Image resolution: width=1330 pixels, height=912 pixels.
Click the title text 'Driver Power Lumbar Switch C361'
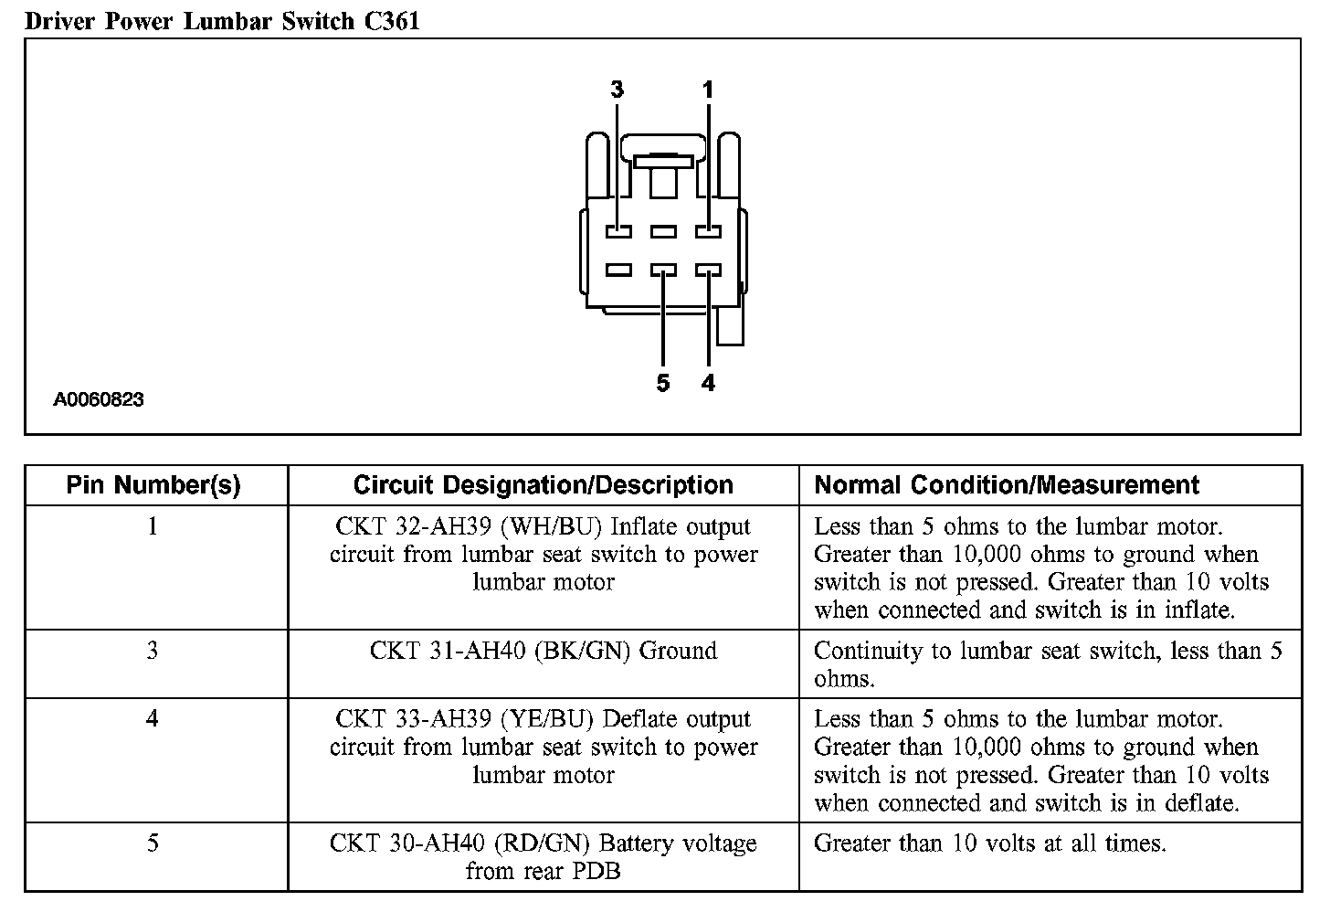click(222, 20)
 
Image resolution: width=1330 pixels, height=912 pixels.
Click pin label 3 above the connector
click(617, 90)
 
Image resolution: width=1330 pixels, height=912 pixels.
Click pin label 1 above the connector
click(708, 90)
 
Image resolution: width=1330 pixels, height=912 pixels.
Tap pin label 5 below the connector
click(663, 383)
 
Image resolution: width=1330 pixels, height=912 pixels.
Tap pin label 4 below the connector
click(708, 383)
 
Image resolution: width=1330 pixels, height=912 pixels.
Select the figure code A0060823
click(99, 399)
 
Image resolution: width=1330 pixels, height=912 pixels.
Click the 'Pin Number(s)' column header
click(153, 485)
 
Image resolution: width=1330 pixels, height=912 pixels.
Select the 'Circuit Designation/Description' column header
click(544, 485)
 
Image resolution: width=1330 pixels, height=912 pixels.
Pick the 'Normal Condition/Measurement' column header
click(1007, 485)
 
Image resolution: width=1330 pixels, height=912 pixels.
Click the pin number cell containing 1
click(153, 526)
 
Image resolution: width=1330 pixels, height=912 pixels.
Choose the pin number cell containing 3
click(153, 651)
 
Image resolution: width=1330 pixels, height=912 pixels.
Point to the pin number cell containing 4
click(153, 719)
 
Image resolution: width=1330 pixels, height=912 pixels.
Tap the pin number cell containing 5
click(153, 843)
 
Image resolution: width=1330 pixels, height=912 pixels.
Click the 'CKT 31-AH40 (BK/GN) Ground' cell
click(544, 651)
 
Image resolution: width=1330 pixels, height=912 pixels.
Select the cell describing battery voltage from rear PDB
click(544, 856)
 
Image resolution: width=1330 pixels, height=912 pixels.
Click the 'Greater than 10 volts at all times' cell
click(989, 843)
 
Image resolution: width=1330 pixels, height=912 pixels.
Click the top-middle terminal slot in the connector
click(663, 232)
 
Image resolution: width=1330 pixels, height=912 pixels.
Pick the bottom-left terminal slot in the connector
click(618, 270)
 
